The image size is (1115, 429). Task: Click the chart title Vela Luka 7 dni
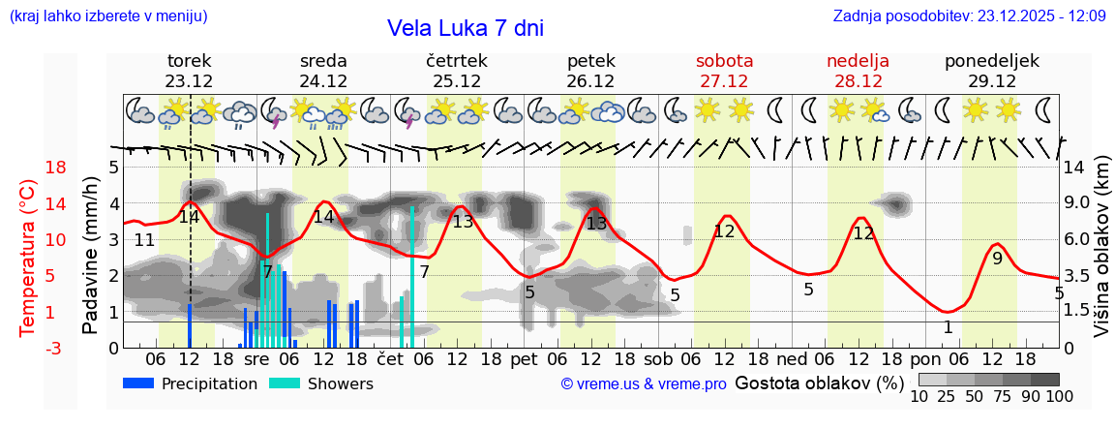[x=465, y=28]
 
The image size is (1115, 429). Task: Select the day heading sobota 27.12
[x=724, y=71]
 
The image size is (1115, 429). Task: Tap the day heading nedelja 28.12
[x=858, y=71]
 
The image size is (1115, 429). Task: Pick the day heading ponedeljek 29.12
[x=992, y=71]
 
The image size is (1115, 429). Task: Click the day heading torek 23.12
[x=189, y=71]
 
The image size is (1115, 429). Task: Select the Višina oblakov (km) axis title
[x=1101, y=257]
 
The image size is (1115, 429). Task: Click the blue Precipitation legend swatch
[x=138, y=383]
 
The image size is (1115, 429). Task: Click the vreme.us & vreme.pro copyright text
[x=644, y=384]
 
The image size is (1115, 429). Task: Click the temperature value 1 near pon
[x=948, y=327]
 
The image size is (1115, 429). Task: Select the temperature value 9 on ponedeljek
[x=997, y=259]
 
